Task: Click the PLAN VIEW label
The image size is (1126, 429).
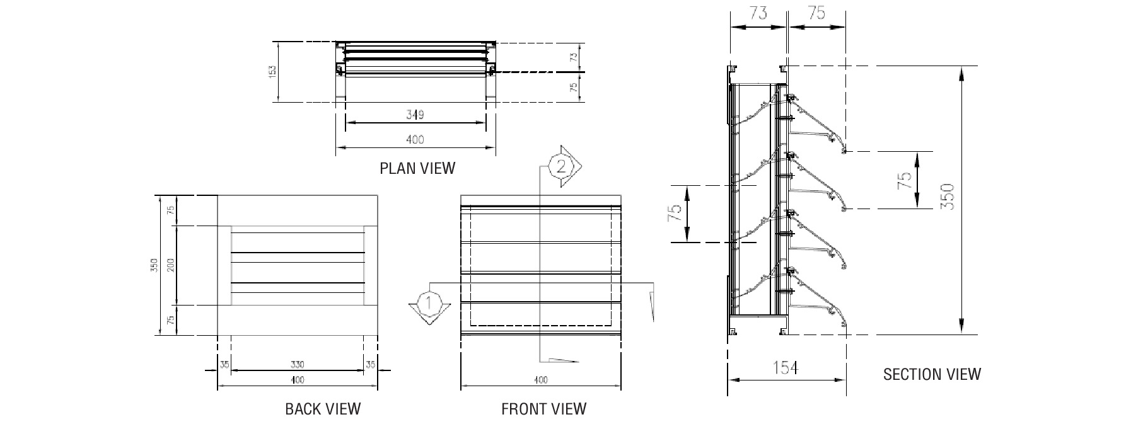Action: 417,168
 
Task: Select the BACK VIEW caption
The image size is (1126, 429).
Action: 323,409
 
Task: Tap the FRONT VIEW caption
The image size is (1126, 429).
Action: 543,409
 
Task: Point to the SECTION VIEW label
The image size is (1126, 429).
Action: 932,375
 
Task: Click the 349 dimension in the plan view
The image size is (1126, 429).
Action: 415,115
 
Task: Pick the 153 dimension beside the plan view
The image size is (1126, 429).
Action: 272,71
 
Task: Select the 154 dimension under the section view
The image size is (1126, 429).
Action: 785,367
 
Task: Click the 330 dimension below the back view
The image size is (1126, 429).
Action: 298,364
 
